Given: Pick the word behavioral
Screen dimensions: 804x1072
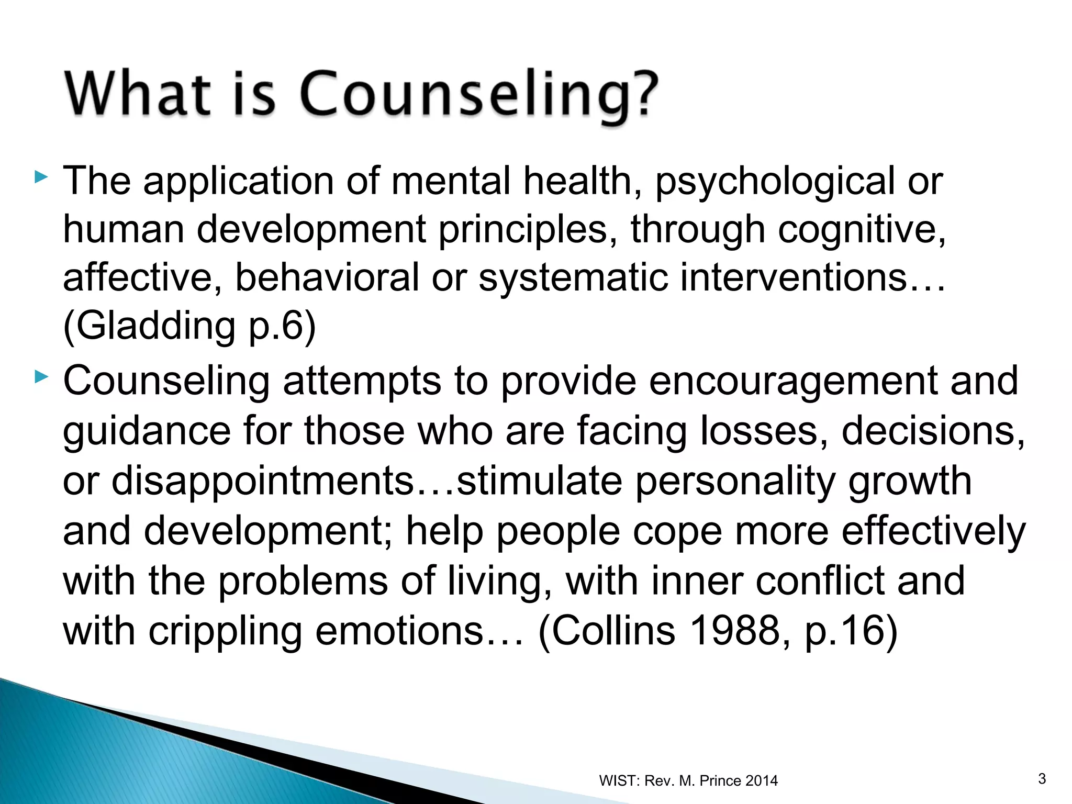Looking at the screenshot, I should pos(327,277).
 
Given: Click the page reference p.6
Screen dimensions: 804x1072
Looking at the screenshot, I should pos(276,326).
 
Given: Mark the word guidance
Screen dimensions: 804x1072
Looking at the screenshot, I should pos(147,431).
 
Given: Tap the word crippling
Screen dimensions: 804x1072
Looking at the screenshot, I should pos(226,630).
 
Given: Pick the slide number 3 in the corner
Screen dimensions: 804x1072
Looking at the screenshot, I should pos(1042,779).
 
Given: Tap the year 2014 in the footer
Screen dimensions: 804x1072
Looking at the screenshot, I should pos(761,781).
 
